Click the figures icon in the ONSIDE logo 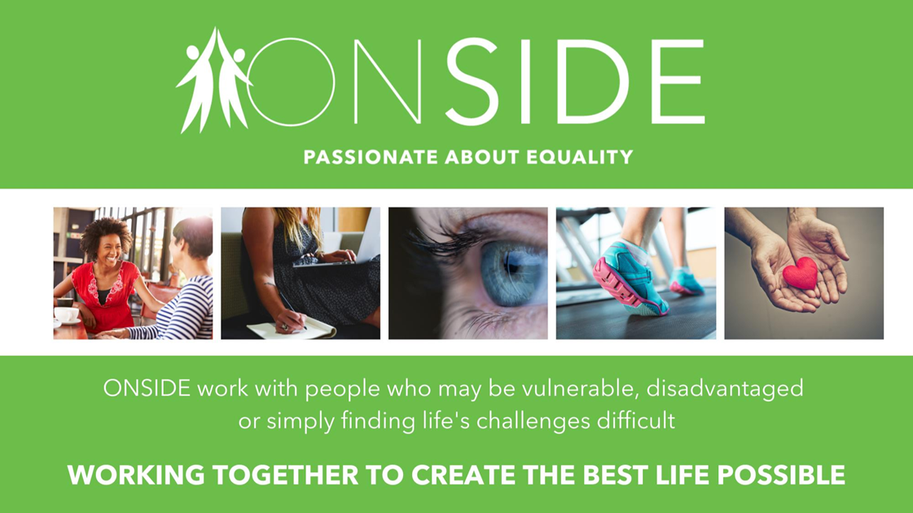(213, 81)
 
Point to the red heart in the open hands (800, 273)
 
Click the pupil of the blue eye (511, 265)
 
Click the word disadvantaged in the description (725, 388)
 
